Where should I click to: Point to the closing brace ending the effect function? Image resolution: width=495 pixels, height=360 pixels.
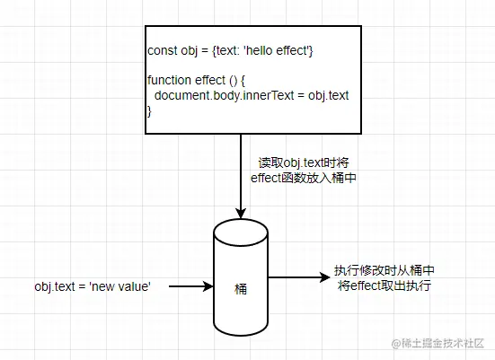click(149, 110)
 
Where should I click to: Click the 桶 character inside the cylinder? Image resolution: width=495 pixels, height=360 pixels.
click(241, 290)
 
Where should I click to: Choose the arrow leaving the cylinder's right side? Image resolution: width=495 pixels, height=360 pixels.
click(296, 277)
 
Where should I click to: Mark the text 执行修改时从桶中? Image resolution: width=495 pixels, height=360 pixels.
click(385, 270)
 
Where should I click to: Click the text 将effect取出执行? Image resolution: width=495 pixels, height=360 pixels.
click(385, 285)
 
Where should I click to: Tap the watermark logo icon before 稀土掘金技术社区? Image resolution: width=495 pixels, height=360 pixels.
click(391, 342)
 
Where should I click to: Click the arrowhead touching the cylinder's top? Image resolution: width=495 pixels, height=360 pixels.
click(241, 212)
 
